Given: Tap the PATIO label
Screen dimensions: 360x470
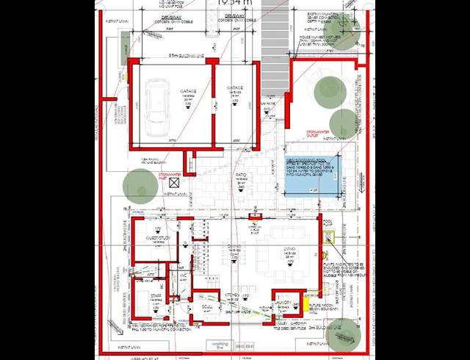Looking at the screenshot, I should click(241, 175).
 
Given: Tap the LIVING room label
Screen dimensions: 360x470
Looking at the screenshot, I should click(291, 250).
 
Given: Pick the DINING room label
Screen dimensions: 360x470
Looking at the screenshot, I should click(234, 248).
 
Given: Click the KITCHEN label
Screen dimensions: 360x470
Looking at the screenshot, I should click(232, 293).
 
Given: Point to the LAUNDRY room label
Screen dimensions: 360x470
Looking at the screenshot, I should click(283, 301).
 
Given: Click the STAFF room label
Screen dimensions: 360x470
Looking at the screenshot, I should click(156, 296).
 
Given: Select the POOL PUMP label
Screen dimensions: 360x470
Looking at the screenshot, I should click(328, 222).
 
